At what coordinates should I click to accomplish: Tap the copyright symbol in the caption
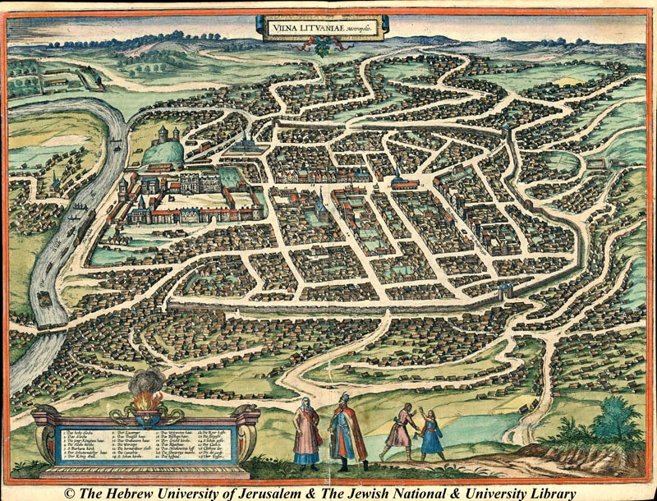pos(70,491)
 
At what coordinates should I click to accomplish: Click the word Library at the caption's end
pos(548,491)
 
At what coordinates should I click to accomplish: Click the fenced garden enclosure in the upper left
pos(74,78)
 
